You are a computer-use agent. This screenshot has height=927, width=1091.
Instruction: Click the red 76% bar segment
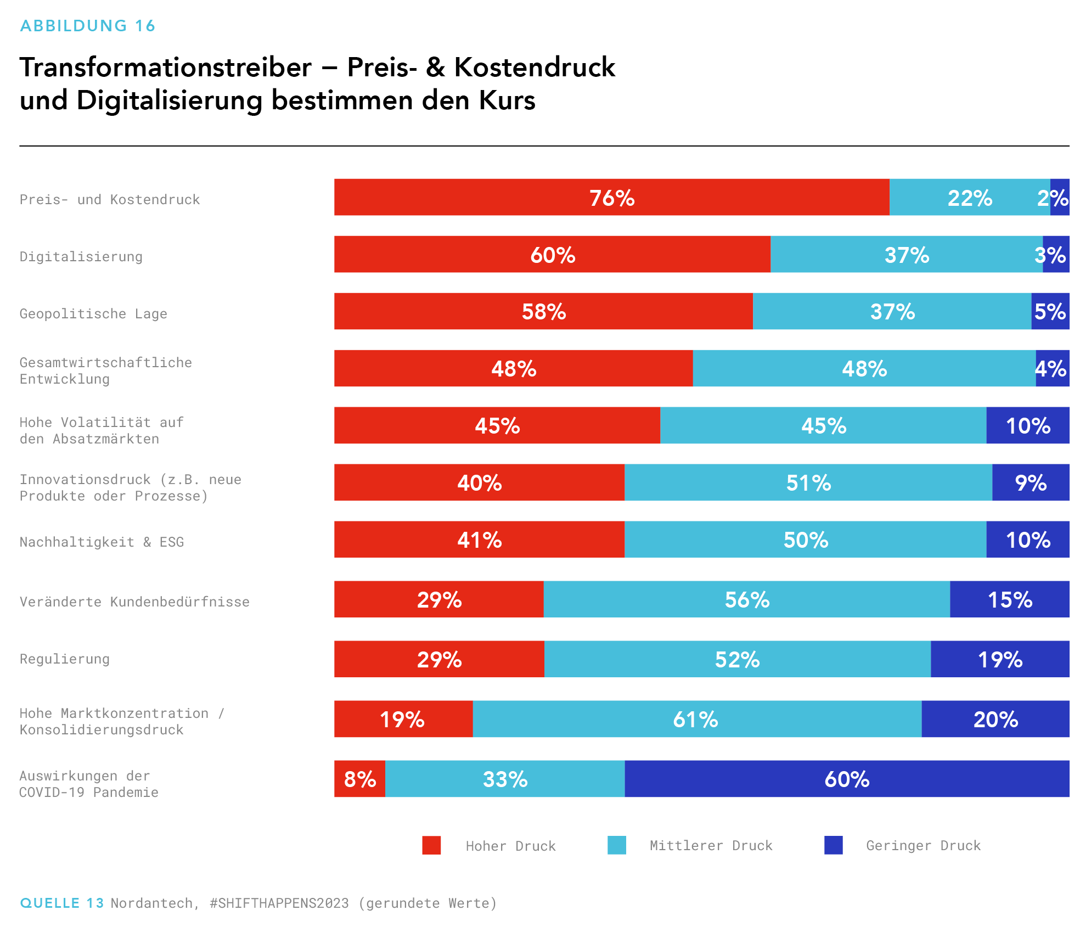[611, 197]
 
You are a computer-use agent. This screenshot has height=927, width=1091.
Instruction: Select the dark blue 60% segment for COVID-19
[847, 779]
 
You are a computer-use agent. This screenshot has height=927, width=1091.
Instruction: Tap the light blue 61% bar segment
[696, 719]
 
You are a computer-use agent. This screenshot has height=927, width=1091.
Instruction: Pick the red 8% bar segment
[359, 779]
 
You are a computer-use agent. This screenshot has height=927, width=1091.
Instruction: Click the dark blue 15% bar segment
[1009, 599]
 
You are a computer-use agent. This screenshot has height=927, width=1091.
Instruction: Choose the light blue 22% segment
[969, 197]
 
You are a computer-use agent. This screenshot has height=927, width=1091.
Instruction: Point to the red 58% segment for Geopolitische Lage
[543, 311]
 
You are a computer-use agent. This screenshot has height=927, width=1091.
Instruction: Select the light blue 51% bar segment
[808, 482]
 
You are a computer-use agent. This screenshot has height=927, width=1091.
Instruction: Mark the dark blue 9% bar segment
[1030, 482]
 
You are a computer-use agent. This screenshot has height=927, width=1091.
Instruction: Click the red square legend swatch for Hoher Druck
[431, 845]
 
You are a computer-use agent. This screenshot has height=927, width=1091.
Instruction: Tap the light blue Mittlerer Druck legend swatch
[617, 845]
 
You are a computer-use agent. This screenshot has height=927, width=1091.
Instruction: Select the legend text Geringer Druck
[923, 846]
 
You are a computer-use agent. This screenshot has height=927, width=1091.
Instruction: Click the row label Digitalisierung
[81, 256]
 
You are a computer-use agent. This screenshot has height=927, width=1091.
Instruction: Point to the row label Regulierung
[65, 659]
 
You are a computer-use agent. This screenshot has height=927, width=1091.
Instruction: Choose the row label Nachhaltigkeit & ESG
[102, 542]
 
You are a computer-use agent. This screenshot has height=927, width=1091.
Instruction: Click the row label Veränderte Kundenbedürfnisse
[134, 602]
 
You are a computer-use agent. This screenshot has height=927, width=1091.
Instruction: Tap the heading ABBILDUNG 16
[88, 26]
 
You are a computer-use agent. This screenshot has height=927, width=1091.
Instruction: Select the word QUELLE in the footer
[50, 903]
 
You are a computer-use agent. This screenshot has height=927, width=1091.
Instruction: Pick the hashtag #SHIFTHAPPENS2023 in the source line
[279, 903]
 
